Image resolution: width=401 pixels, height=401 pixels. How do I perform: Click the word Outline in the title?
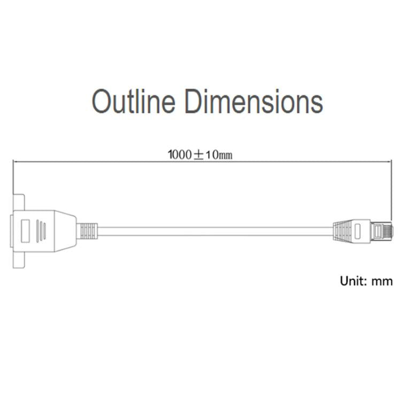(x=134, y=101)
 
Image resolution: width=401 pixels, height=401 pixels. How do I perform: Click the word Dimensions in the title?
(x=254, y=101)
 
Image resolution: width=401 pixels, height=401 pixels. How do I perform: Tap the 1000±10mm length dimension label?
(x=200, y=155)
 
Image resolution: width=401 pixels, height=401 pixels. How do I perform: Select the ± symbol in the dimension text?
(x=199, y=155)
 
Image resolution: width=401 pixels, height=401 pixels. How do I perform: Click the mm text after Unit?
(x=382, y=282)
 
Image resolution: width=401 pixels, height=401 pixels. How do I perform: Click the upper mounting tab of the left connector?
(x=19, y=202)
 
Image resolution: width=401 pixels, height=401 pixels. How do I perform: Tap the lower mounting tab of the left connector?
(x=19, y=260)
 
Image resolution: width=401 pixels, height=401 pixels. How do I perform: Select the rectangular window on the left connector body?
(x=25, y=231)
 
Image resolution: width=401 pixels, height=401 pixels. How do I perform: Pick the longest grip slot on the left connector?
(x=38, y=231)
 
